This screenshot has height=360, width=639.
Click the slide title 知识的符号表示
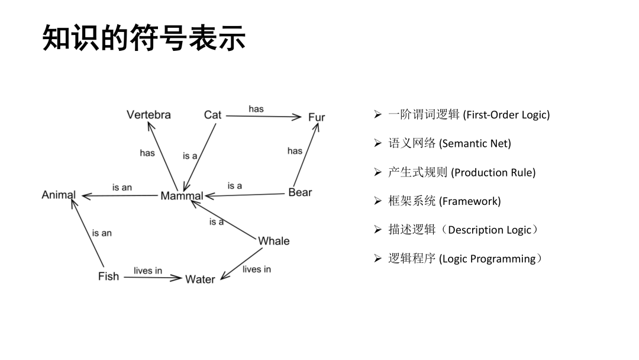coord(144,38)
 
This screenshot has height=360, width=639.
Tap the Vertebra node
coord(149,115)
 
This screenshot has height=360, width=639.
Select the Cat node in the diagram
coord(212,115)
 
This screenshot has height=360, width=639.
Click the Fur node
coord(317,117)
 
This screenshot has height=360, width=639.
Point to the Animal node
coord(59,195)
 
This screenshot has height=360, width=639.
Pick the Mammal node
coord(182,196)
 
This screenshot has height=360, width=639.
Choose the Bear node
coord(300,192)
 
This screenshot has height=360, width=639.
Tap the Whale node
coord(274,241)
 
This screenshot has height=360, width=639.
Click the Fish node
coord(108,277)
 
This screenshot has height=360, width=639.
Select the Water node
coord(200,279)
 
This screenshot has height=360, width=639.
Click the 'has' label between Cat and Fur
coord(256,109)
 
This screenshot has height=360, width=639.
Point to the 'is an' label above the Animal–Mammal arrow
coord(122,187)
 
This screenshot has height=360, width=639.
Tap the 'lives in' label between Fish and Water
coord(148,271)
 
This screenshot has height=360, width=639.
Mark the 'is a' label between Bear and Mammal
coord(235,186)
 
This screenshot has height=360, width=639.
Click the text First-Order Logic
coord(508,115)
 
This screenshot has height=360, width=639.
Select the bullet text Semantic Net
coord(476,144)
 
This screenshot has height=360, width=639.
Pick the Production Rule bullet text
coord(493,173)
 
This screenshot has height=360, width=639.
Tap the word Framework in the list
coord(470,201)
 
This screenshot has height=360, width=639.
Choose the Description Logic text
coord(489,230)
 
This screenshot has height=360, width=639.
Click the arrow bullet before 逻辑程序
coord(378,259)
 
